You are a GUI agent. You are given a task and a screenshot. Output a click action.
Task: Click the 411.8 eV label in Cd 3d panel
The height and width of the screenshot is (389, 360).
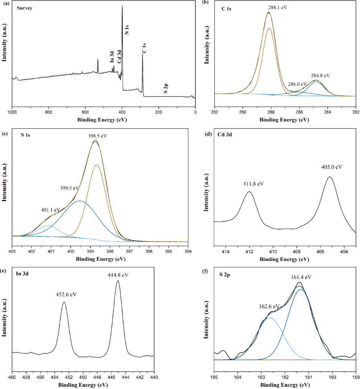[253, 184]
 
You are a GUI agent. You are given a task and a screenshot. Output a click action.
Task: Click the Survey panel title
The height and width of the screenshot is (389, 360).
[24, 8]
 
